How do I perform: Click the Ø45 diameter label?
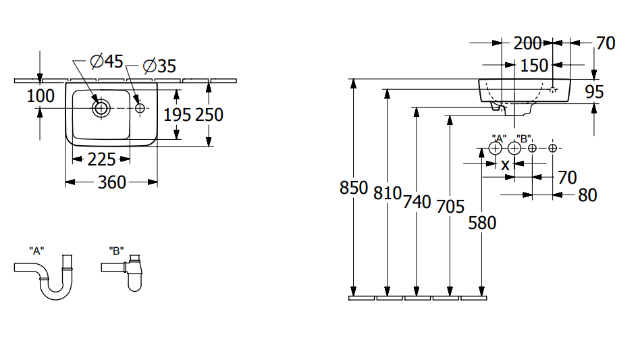(106, 61)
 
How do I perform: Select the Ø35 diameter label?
(159, 66)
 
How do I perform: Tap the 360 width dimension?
(111, 182)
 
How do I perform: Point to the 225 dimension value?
(101, 159)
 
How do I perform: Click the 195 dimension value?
(178, 115)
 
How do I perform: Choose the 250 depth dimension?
(209, 115)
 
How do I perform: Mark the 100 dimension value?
(41, 96)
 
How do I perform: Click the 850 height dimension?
(353, 188)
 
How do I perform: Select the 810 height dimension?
(387, 193)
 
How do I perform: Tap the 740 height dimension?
(417, 201)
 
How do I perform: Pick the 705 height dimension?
(450, 206)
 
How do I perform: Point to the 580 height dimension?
(482, 222)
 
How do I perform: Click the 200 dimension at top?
(527, 43)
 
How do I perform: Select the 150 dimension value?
(533, 66)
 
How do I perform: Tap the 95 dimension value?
(594, 91)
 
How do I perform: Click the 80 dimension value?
(587, 195)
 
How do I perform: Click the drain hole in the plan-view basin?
(101, 107)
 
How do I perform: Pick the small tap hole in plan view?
(140, 108)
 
